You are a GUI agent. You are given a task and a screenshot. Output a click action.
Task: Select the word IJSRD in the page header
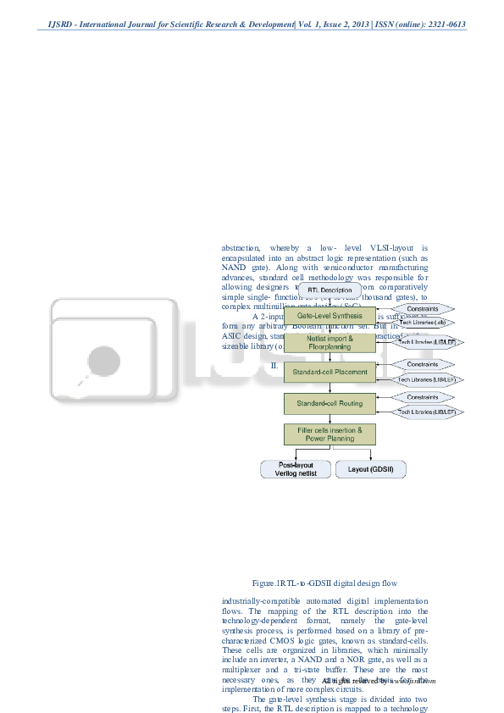click(53, 25)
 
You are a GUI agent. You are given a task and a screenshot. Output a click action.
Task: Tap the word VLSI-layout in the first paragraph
click(364, 250)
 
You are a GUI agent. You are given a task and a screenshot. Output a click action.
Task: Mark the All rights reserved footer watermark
click(377, 680)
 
